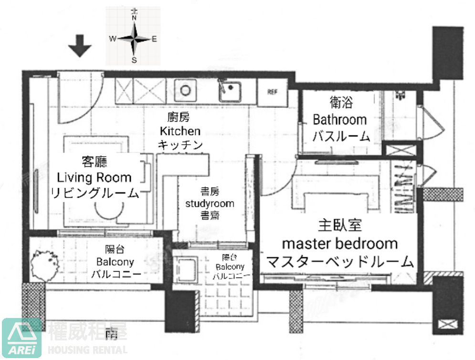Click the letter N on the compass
point(134,18)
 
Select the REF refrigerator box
point(272,92)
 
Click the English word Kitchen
point(180,131)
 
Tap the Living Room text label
point(94,178)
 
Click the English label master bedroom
point(339,244)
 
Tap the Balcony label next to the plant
point(115,262)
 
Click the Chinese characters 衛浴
point(341,102)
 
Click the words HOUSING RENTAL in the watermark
point(88,349)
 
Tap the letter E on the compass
point(154,40)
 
